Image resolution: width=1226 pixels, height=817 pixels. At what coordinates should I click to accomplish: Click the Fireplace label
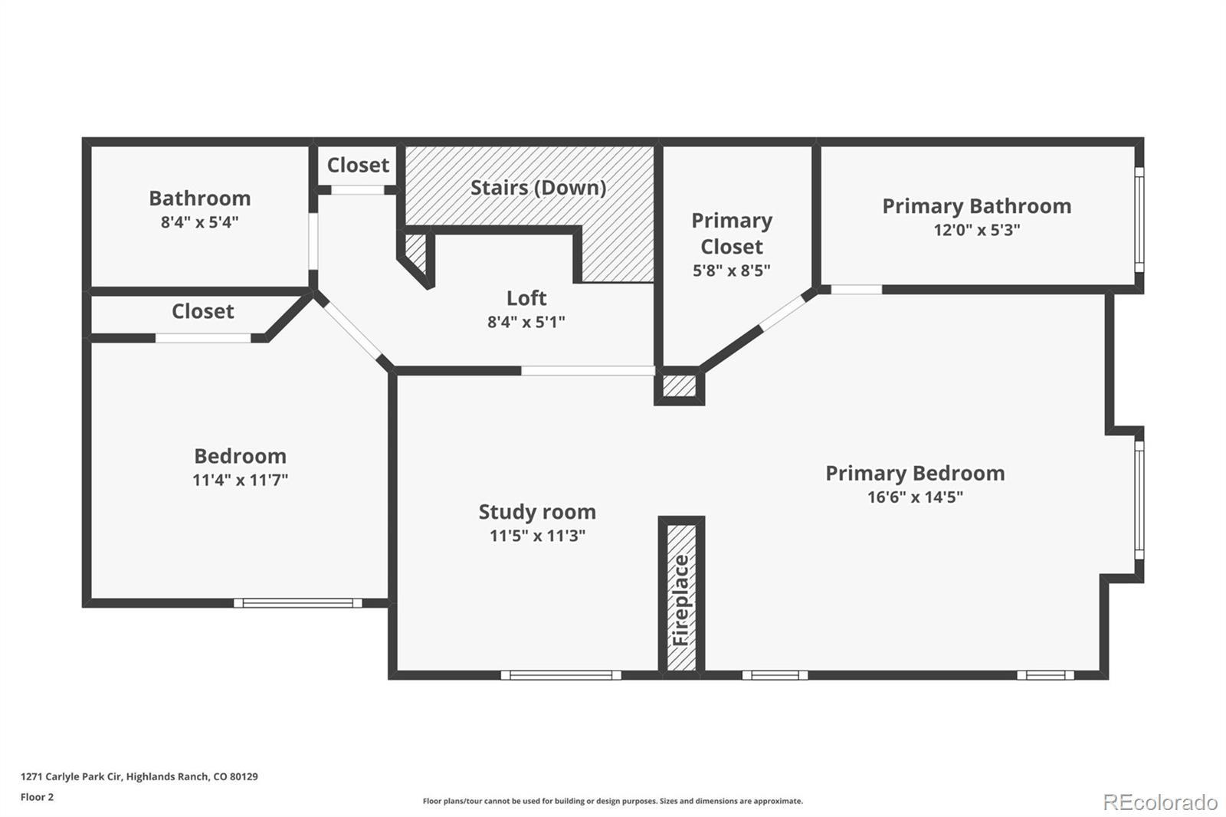tap(680, 600)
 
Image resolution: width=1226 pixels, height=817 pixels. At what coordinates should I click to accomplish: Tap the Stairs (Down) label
tap(539, 188)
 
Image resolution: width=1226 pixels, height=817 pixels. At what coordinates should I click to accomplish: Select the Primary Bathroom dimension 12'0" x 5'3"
tap(977, 230)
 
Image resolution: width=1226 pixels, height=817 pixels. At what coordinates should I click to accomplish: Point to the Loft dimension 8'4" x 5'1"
tap(526, 322)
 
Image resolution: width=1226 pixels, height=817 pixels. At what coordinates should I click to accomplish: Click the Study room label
tap(537, 512)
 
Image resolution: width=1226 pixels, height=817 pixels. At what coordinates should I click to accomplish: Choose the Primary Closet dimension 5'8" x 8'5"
tap(732, 271)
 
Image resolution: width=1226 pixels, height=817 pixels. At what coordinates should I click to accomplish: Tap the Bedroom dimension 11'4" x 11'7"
tap(241, 481)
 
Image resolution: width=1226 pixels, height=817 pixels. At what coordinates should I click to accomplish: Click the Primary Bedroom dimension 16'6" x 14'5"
tap(915, 497)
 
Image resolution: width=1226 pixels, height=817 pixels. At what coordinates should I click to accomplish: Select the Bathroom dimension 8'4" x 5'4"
tap(200, 222)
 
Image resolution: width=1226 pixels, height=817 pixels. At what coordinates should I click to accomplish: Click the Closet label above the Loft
tap(358, 165)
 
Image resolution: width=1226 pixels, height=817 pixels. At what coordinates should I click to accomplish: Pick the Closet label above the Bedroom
tap(203, 311)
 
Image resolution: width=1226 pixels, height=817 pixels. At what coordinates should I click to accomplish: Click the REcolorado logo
tap(1160, 802)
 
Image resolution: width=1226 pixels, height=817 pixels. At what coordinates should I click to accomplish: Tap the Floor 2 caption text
tap(38, 797)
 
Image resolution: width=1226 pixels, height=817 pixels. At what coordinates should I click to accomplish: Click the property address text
tap(139, 776)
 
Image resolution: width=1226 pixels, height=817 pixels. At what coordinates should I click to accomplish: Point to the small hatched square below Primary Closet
tap(679, 386)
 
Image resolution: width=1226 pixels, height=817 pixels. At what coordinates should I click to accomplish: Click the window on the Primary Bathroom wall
tap(1139, 220)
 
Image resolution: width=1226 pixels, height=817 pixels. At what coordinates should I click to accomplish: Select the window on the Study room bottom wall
tap(561, 675)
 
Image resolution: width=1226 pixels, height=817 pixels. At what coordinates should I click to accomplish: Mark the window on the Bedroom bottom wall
tap(298, 603)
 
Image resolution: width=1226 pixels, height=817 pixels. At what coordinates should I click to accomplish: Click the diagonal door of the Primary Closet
tap(782, 313)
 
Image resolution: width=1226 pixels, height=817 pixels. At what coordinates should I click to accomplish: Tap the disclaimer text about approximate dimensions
tap(612, 801)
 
